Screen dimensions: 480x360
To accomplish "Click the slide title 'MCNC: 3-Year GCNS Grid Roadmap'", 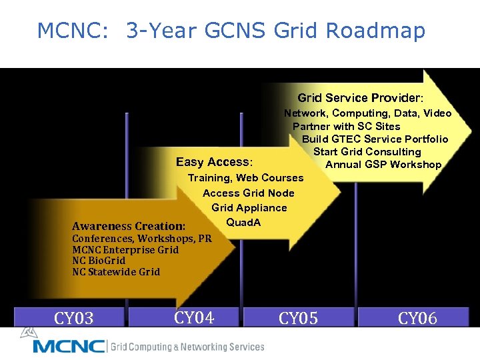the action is [x=231, y=31].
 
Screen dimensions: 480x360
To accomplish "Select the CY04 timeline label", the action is [x=193, y=317].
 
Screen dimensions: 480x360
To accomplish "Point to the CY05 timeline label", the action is [x=298, y=318].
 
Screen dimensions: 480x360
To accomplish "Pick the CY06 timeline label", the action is [x=417, y=318].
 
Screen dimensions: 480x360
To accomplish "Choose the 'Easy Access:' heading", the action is [x=214, y=162].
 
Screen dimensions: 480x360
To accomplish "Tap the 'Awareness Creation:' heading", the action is [x=129, y=226].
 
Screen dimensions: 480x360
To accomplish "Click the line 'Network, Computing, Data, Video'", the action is [x=367, y=113].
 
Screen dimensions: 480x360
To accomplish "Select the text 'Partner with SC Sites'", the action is [x=346, y=126].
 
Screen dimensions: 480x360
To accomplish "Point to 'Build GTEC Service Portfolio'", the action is [x=375, y=139].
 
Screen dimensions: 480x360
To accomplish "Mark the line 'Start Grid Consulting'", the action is [x=367, y=151].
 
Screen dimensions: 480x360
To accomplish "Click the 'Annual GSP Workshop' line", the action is [x=383, y=164].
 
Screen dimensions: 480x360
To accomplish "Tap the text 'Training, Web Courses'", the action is [x=245, y=177].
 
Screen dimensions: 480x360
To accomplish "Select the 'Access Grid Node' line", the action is [x=248, y=193].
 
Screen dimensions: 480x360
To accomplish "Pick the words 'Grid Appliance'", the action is [x=249, y=207].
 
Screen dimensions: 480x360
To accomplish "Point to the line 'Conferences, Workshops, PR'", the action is [x=142, y=239].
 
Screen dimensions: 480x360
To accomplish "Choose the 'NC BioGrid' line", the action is [x=99, y=261].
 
